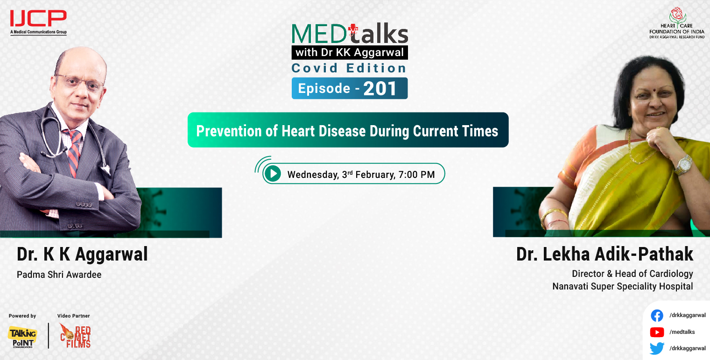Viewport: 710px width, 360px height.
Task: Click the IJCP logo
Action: pos(38,21)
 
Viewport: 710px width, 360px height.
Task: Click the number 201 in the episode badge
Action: pos(380,89)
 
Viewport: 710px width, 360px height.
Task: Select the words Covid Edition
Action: pos(349,68)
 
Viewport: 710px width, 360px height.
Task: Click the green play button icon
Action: pos(272,174)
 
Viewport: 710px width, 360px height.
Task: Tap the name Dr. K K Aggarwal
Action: pos(82,254)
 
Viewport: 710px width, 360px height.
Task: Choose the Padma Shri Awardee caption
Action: pos(59,275)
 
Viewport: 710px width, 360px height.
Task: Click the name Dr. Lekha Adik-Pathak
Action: pos(605,254)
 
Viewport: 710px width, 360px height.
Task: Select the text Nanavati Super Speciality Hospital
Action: pos(622,286)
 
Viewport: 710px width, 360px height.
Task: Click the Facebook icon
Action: pos(657,316)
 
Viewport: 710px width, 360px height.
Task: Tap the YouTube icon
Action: pos(657,332)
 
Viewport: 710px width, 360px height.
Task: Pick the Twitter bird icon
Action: pos(657,348)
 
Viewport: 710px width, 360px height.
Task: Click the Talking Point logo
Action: pos(22,337)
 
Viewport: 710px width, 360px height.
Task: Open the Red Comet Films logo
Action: pos(75,336)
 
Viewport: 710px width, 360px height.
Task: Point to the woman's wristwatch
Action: pos(683,164)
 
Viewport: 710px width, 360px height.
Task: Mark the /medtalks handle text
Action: pos(682,332)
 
